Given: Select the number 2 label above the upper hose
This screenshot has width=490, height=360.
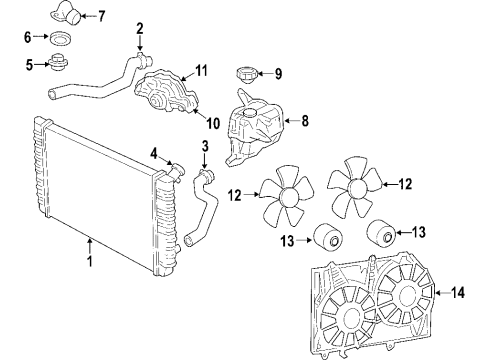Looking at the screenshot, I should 140,28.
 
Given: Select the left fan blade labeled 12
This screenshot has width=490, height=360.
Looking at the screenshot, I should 284,195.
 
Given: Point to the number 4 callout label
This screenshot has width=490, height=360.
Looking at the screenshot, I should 153,153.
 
